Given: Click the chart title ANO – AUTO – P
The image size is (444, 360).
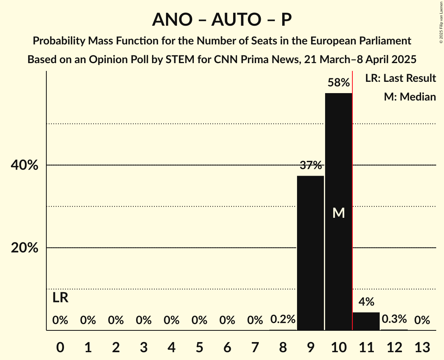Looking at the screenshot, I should pyautogui.click(x=222, y=20).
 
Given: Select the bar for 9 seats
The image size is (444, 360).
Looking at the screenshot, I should pyautogui.click(x=311, y=253).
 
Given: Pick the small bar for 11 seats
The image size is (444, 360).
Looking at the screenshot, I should pyautogui.click(x=366, y=321).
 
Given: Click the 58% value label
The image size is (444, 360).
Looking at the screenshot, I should pyautogui.click(x=338, y=83).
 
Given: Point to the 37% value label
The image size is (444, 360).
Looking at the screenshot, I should pyautogui.click(x=311, y=166).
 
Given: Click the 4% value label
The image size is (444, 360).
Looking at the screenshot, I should pyautogui.click(x=366, y=302).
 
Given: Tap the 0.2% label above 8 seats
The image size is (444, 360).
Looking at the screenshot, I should pyautogui.click(x=283, y=319).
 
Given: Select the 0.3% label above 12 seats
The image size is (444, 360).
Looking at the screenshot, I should pyautogui.click(x=394, y=319).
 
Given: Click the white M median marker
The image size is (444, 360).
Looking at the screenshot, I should pyautogui.click(x=338, y=213).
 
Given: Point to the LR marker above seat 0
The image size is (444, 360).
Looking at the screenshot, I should pyautogui.click(x=60, y=298).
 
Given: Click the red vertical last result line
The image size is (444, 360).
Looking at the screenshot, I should pyautogui.click(x=352, y=195).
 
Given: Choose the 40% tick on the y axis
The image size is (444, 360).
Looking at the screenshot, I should pyautogui.click(x=25, y=165).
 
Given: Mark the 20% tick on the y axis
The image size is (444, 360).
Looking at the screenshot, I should pyautogui.click(x=25, y=248).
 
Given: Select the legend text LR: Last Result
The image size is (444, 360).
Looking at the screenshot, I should pyautogui.click(x=400, y=78).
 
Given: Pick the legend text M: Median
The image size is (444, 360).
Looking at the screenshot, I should pyautogui.click(x=410, y=97).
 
